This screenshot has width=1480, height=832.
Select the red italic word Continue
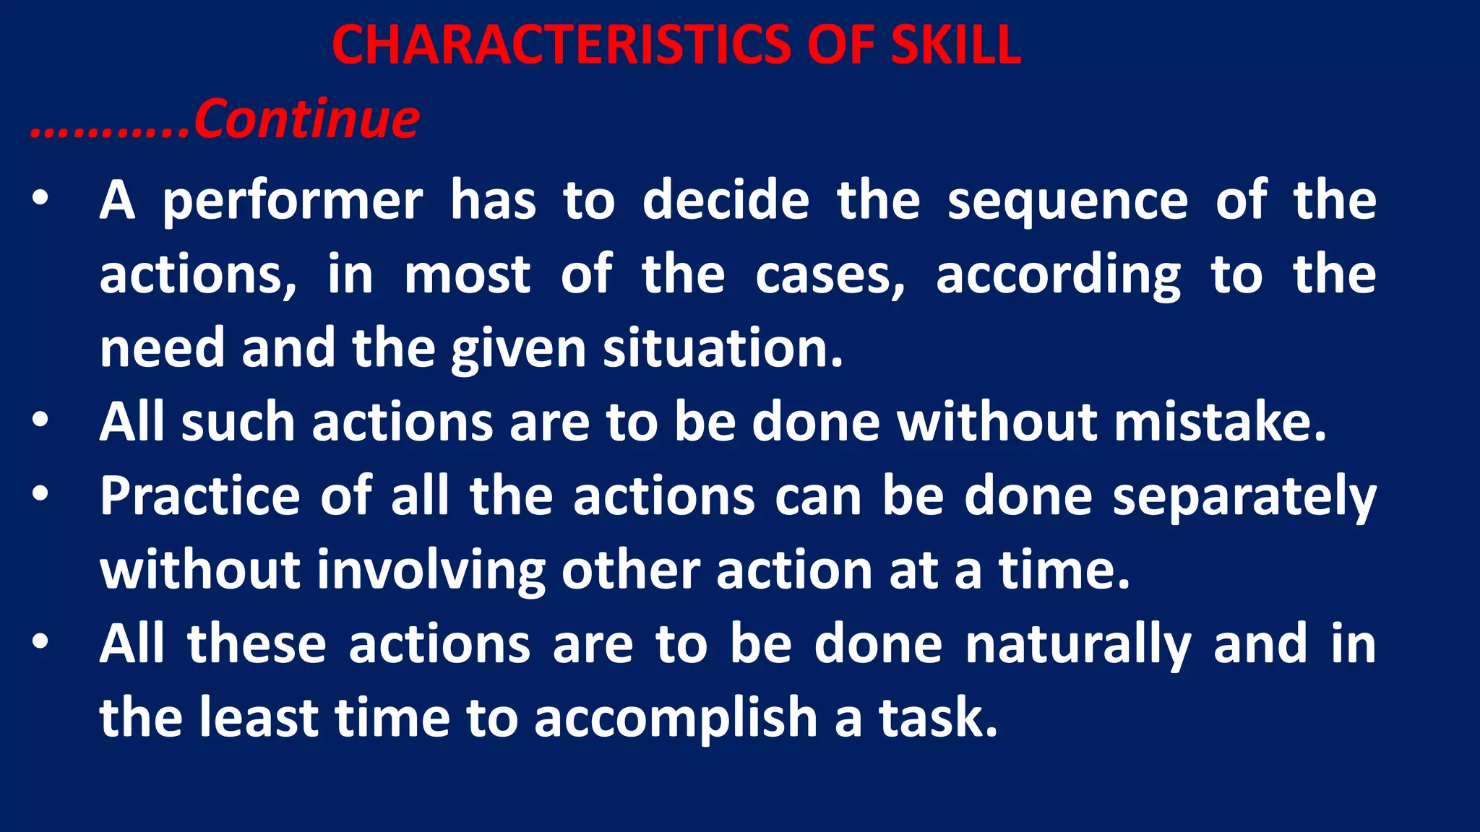306,119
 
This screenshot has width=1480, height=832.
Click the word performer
293,201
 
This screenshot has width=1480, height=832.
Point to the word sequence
1067,201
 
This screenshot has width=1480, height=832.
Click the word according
1058,277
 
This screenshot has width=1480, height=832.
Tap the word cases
830,277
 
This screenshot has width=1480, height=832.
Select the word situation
723,349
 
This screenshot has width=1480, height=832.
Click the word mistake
1220,422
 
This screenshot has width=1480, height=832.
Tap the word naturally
1077,645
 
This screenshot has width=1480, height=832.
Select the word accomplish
676,719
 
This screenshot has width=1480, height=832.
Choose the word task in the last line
938,718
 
